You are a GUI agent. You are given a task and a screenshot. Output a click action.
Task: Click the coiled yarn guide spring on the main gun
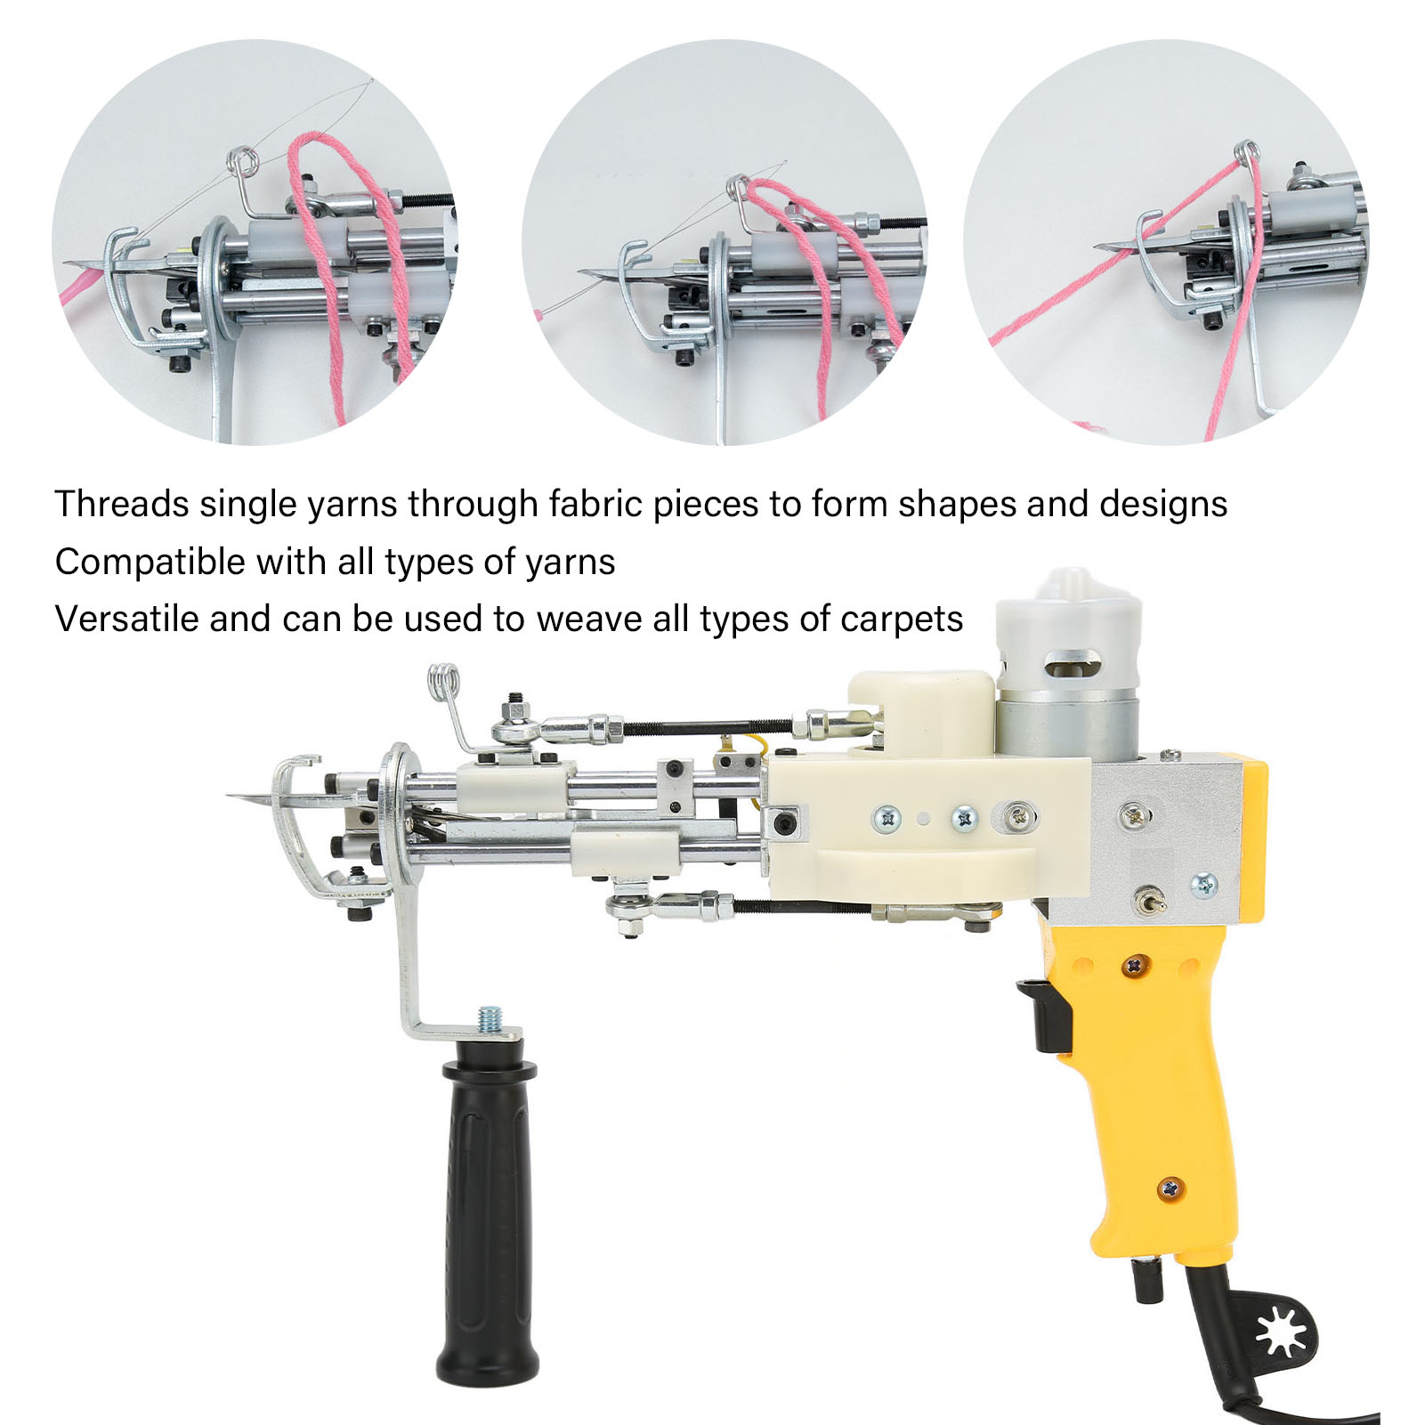(x=444, y=683)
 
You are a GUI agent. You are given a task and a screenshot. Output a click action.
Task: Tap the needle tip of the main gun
(x=228, y=796)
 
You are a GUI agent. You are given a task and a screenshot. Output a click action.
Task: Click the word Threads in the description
(x=122, y=504)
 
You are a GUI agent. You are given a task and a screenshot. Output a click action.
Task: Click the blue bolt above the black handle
(x=489, y=1018)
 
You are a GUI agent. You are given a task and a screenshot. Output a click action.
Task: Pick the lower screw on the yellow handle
(x=1171, y=1188)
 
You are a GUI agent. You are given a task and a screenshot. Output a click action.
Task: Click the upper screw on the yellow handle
(x=1135, y=965)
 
